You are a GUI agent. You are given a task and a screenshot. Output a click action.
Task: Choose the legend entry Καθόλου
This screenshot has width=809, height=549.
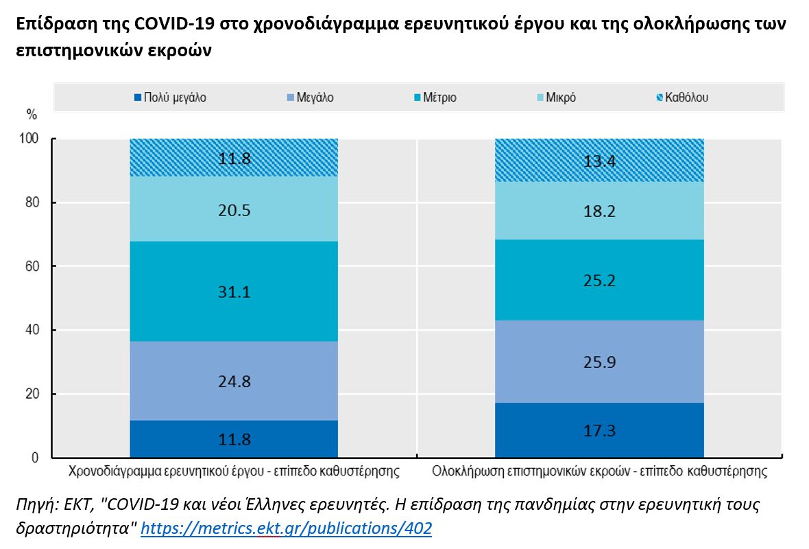point(686,97)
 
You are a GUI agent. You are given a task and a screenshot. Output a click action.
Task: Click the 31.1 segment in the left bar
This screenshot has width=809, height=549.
point(234,292)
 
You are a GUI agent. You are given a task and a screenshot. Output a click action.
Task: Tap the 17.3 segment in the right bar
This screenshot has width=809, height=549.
point(599,430)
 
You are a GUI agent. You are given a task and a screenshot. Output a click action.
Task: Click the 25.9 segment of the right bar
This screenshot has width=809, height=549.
point(599,362)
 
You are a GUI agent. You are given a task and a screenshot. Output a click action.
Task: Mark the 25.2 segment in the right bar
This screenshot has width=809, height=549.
point(599,280)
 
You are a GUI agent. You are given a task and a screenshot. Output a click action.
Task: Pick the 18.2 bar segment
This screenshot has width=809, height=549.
point(599,211)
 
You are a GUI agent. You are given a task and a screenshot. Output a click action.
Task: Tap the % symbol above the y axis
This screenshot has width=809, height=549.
point(32,114)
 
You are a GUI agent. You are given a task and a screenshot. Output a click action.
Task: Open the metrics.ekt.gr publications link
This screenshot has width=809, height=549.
point(286,528)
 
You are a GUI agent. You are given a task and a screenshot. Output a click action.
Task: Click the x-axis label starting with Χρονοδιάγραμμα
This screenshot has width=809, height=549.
point(234,472)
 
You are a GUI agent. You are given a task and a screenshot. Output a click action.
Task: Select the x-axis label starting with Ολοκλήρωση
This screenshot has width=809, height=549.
point(599,472)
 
